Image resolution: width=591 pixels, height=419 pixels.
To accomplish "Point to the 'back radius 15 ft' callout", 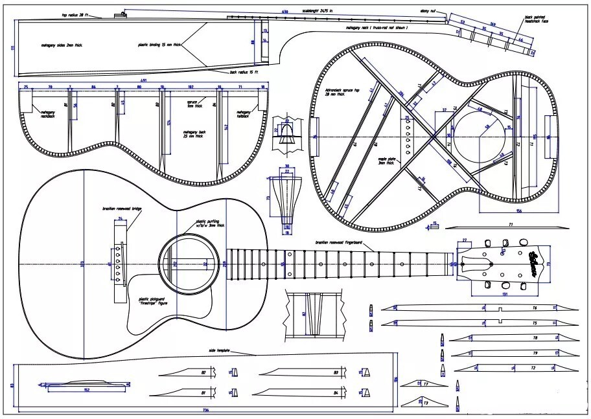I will coord(244,72).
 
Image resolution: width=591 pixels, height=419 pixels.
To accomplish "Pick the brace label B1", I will coord(203,392).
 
